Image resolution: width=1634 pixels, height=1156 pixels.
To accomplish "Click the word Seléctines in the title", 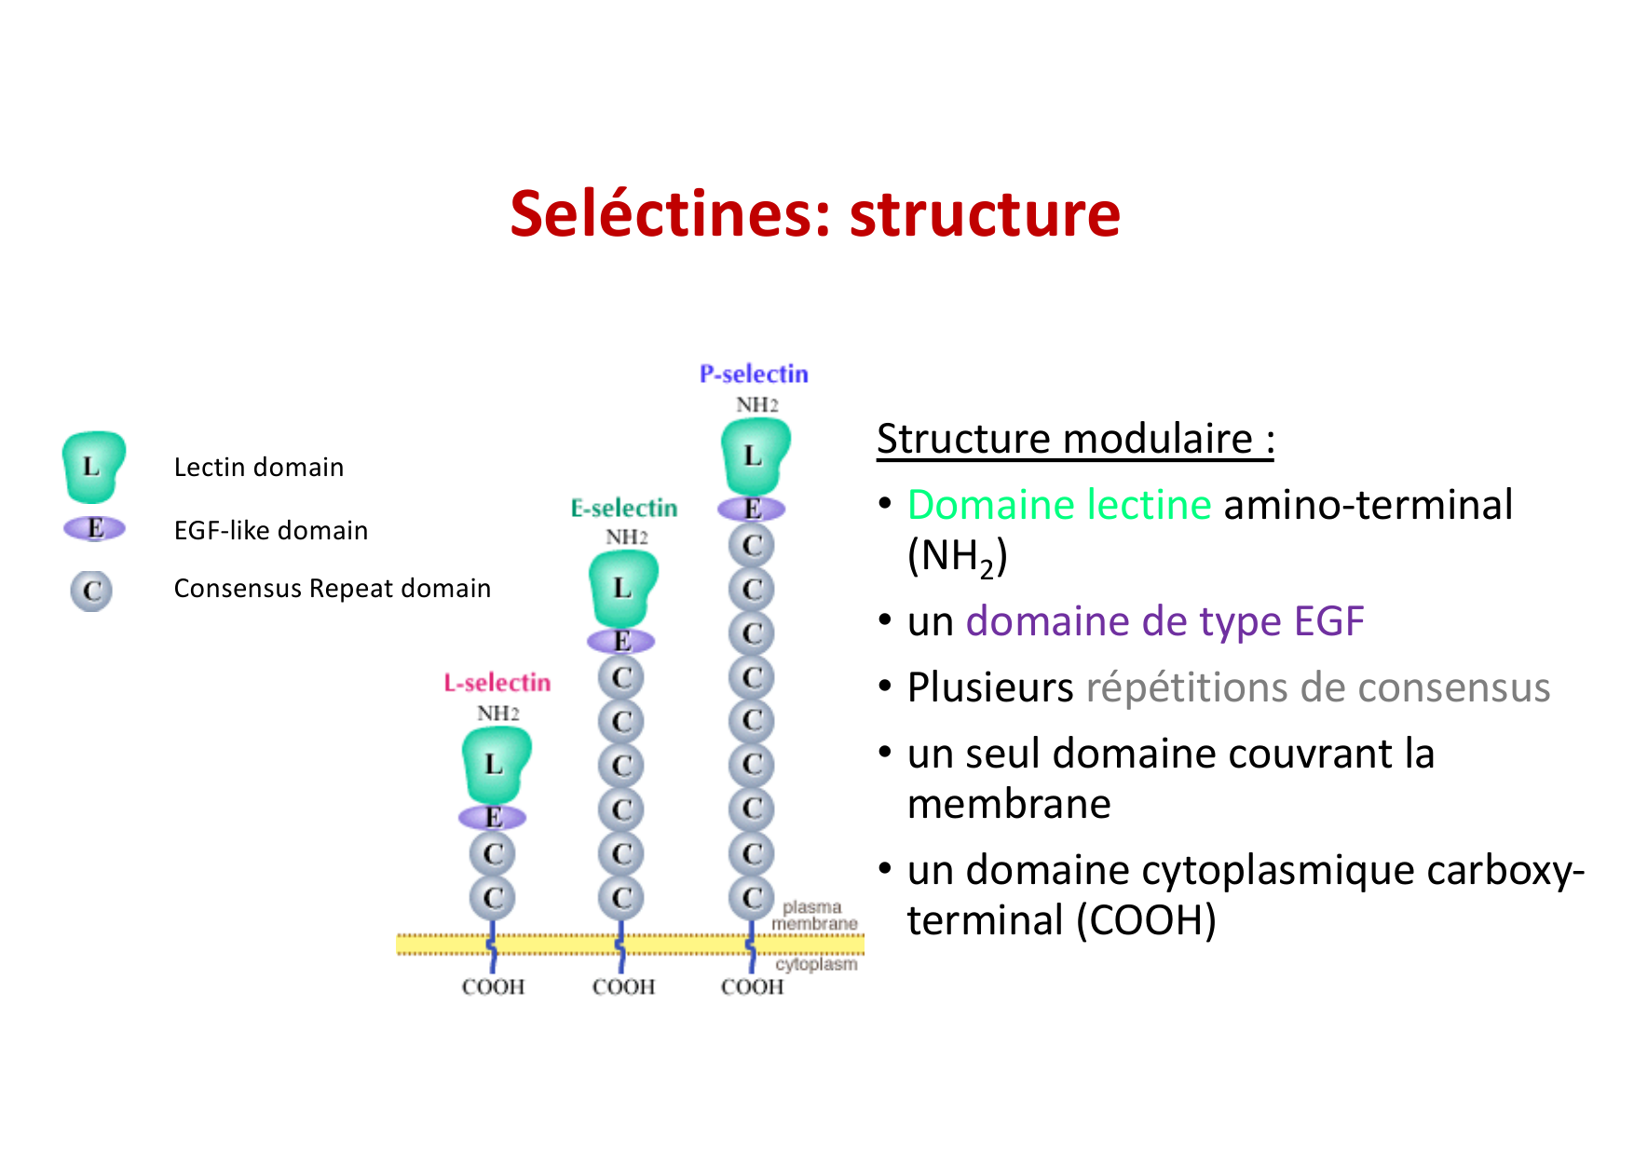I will click(x=668, y=214).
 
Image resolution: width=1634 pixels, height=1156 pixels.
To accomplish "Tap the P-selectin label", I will click(x=754, y=374).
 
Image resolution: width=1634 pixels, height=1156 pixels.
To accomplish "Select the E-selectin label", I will click(x=623, y=509).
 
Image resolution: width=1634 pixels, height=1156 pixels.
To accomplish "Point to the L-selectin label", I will click(x=497, y=683).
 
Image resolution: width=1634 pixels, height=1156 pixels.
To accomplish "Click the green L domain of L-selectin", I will click(x=495, y=765).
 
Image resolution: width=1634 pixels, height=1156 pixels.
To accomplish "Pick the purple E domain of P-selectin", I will click(x=752, y=509).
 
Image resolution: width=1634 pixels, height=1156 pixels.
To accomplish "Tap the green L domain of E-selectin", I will click(x=622, y=589).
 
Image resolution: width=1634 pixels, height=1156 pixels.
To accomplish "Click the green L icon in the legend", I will click(x=92, y=466).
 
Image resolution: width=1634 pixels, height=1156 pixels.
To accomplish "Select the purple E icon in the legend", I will click(x=94, y=528).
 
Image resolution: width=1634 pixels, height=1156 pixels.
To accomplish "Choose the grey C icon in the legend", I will click(x=91, y=591).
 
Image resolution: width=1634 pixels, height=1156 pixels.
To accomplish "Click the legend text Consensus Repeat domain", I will click(x=332, y=589).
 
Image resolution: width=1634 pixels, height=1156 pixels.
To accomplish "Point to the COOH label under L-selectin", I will click(x=493, y=986).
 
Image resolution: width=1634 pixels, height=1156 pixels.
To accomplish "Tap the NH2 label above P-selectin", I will click(x=756, y=405).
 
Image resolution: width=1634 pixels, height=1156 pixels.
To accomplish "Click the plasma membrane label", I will click(x=813, y=915).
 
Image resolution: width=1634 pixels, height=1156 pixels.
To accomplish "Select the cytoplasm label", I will click(x=816, y=964).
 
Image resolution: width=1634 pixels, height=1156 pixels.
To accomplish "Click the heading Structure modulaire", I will click(x=1074, y=439).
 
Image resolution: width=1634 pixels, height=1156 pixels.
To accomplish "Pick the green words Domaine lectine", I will click(x=1059, y=505).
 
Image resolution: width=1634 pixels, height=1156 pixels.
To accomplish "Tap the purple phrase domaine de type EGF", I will click(x=1164, y=621).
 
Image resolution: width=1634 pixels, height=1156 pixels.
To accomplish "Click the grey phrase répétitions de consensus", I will click(x=1317, y=687).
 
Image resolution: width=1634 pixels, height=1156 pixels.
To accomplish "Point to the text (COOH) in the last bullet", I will click(x=1146, y=920).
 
